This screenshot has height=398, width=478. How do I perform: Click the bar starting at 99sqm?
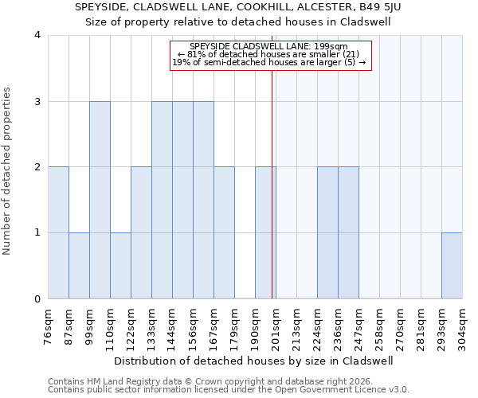(x=100, y=200)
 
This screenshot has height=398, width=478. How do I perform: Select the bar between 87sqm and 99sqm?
(x=79, y=266)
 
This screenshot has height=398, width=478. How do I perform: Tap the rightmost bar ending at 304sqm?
(x=452, y=266)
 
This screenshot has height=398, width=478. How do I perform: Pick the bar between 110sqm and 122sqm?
(x=120, y=266)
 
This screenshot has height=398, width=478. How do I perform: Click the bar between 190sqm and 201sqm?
(x=265, y=232)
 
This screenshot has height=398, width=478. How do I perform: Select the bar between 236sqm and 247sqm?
(x=348, y=232)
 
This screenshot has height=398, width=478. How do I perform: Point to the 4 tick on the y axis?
(x=37, y=35)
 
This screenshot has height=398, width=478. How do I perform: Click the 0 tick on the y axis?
(x=37, y=299)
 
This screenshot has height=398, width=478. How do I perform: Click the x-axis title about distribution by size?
(x=254, y=361)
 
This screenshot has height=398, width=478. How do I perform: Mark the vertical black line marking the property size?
(x=272, y=183)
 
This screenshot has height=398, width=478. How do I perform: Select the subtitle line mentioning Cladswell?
(x=238, y=21)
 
